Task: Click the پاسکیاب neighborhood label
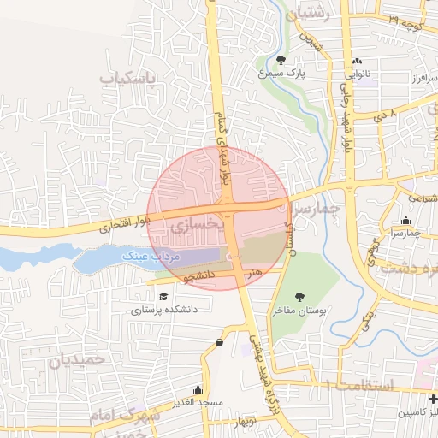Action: [x=131, y=80]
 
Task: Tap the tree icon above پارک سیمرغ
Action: [x=281, y=59]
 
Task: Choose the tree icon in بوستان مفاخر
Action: [x=299, y=297]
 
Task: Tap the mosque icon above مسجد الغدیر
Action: [x=198, y=388]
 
